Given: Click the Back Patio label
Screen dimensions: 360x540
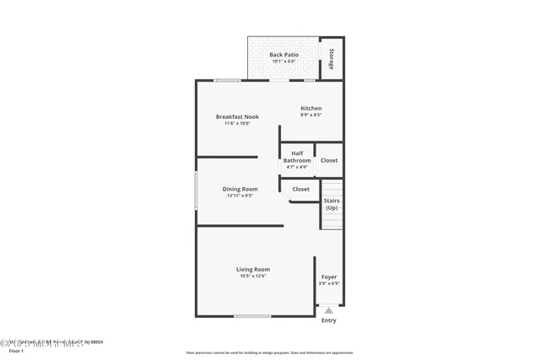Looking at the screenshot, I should [283, 55].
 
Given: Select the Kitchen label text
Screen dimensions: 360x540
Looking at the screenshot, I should [311, 108].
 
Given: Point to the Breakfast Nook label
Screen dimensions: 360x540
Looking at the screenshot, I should [237, 116].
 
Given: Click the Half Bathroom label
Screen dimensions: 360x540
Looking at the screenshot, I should [296, 157].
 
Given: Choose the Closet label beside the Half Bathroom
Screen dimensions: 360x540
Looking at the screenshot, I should [329, 160].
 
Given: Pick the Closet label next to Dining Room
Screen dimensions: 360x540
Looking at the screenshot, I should [300, 189].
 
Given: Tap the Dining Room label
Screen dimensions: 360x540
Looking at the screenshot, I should [240, 189].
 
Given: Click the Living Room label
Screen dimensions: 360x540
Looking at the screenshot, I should [252, 269].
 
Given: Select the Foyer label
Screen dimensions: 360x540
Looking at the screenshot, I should [329, 277].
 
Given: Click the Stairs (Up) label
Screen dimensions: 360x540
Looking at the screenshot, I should [332, 203].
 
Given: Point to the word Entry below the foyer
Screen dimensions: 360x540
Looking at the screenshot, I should [329, 320].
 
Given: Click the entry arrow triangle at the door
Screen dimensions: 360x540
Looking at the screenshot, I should [329, 310].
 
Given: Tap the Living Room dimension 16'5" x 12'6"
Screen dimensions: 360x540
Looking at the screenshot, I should [252, 276].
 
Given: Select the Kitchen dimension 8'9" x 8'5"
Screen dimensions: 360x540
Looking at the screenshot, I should [311, 115].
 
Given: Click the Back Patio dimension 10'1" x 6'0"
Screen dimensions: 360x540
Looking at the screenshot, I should [283, 61].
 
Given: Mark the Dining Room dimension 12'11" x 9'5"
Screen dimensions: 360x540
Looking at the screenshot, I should [240, 196].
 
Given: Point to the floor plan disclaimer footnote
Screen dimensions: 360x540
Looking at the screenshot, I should [269, 352].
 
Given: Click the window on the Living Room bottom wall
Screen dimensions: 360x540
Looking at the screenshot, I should [252, 316].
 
